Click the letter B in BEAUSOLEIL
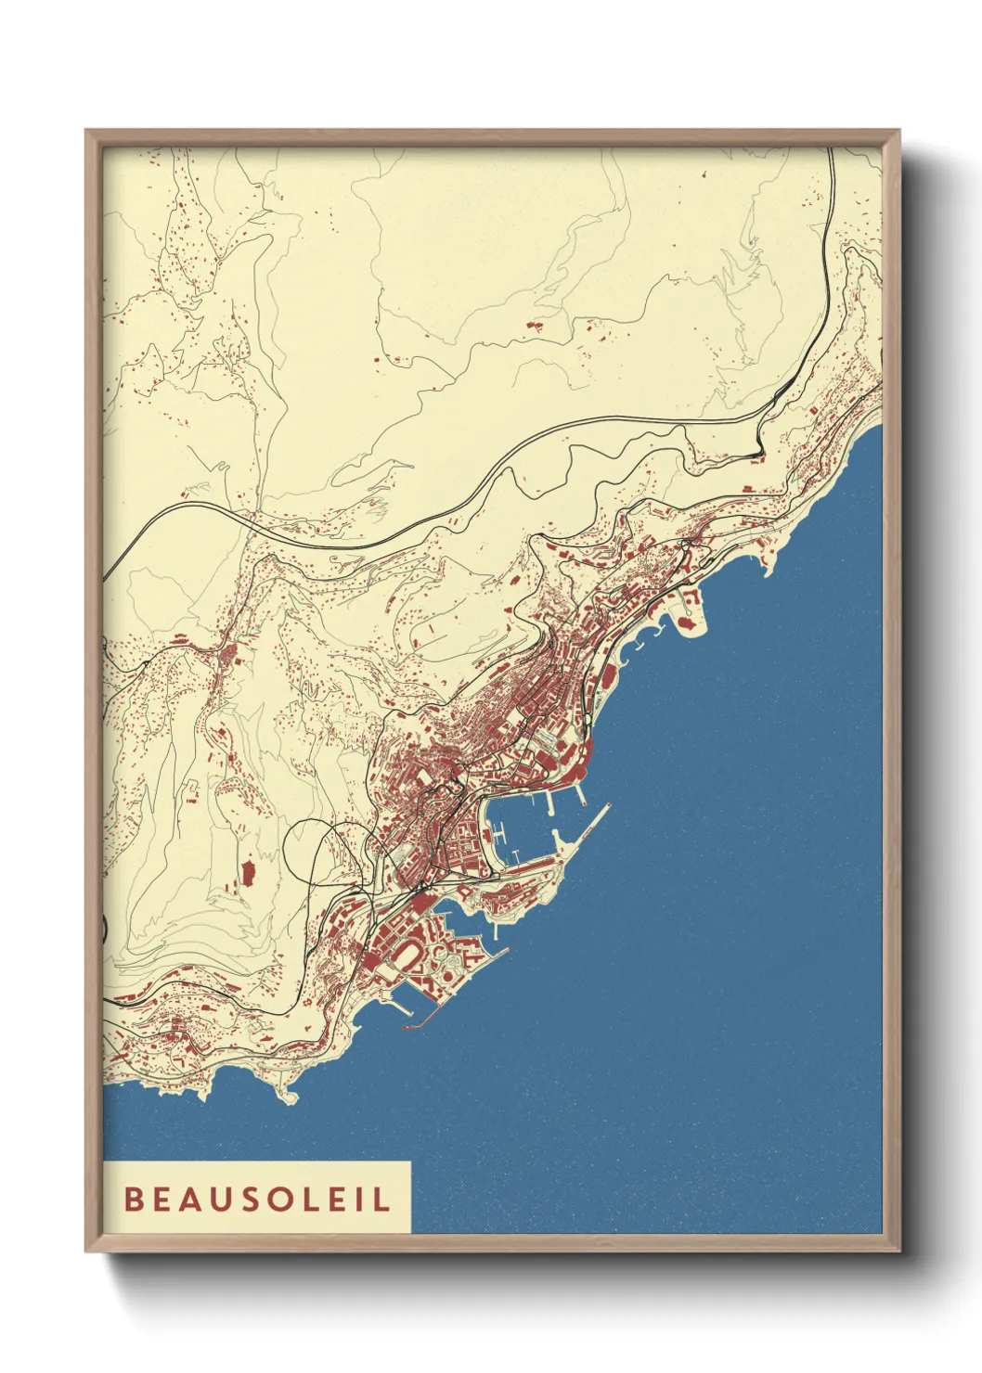[132, 1200]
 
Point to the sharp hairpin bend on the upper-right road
[759, 454]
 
